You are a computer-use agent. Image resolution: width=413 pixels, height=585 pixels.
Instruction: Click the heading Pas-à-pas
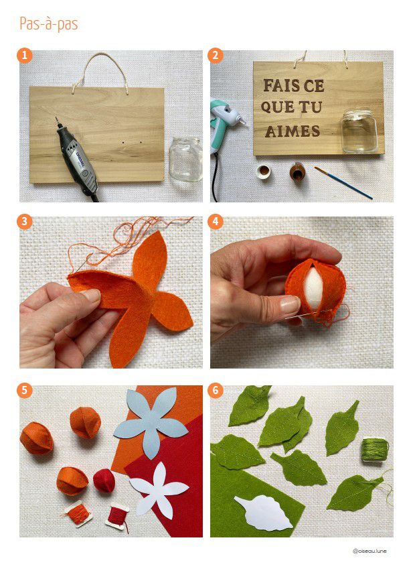click(49, 24)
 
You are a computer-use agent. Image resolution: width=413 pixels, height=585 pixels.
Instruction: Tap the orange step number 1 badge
click(25, 56)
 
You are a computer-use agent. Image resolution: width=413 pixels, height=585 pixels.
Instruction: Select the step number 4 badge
click(215, 222)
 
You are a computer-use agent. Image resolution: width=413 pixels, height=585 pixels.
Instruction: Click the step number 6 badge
click(215, 391)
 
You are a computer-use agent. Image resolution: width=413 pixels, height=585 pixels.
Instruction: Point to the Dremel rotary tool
click(78, 159)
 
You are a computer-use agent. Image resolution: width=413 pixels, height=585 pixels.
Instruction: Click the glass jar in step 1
click(185, 159)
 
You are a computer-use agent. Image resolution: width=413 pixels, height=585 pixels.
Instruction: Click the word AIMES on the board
click(293, 131)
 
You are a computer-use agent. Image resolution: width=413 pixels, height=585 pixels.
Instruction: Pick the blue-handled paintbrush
click(343, 183)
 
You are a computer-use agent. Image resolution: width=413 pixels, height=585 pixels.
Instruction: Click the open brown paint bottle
click(297, 172)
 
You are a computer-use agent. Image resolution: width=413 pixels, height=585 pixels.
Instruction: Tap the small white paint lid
click(264, 172)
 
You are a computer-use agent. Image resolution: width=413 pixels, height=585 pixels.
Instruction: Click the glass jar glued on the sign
click(359, 131)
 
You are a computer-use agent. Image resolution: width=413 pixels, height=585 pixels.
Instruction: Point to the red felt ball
click(104, 480)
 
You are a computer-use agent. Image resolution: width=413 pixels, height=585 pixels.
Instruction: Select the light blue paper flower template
click(151, 421)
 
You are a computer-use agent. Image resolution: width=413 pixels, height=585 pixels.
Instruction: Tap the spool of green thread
click(374, 450)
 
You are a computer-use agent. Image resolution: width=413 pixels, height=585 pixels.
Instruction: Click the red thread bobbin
click(117, 516)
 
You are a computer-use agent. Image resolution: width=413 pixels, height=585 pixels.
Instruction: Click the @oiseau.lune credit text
click(369, 551)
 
